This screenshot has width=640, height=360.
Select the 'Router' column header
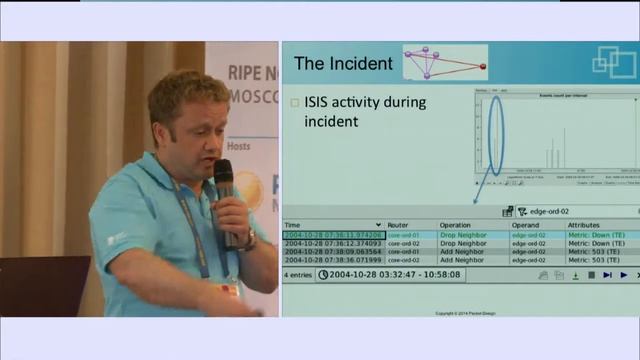(x=400, y=225)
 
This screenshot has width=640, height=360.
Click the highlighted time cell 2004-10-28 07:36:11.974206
(x=333, y=235)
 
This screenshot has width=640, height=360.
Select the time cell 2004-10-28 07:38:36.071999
(x=333, y=260)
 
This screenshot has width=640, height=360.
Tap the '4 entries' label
(x=297, y=274)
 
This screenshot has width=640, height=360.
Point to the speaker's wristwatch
(x=248, y=239)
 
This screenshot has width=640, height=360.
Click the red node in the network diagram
(x=483, y=66)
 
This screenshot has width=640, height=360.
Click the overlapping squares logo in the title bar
(x=613, y=63)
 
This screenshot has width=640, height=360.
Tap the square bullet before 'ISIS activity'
(x=295, y=103)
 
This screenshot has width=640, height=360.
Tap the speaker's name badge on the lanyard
(x=231, y=291)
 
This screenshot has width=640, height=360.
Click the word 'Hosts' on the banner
(x=239, y=146)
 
